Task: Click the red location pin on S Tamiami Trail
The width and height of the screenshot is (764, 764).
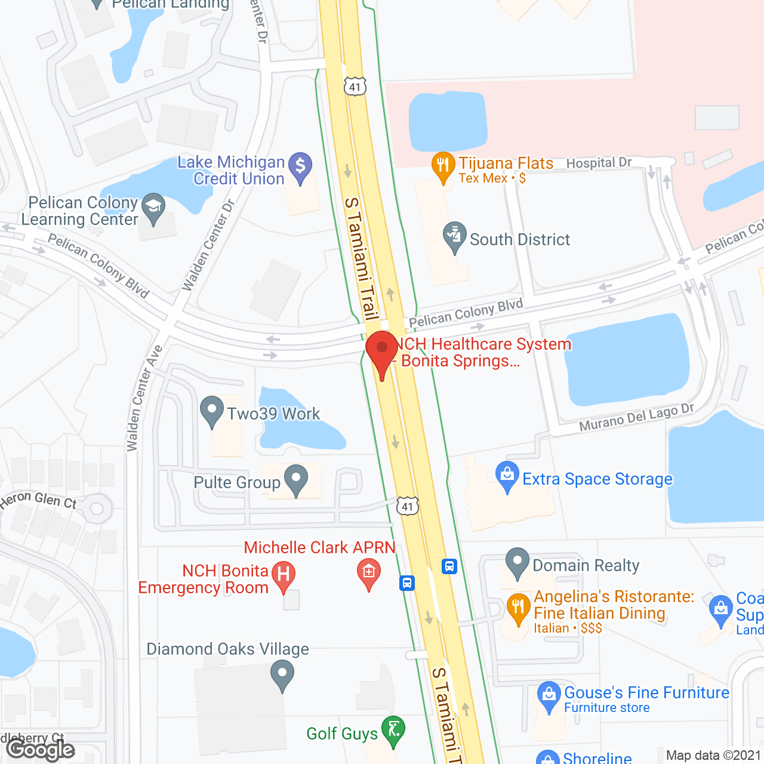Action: pos(381,349)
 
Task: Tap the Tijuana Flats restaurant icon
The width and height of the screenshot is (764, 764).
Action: pos(443,165)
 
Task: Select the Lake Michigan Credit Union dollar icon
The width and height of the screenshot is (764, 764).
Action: pos(300,165)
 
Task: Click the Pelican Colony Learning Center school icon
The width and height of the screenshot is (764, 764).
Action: pos(153,207)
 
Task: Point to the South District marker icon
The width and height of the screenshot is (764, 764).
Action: pos(455,236)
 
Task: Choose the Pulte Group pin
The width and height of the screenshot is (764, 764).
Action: pos(295,479)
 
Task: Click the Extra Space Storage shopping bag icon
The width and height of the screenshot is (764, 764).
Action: pos(507,475)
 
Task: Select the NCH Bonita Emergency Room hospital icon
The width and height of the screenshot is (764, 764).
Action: pos(284,575)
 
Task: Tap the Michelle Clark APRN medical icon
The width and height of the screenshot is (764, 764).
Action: pos(369,572)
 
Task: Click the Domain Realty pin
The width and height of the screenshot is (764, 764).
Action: pos(517,562)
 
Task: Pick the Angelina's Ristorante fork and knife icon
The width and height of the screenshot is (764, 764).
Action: pos(518,608)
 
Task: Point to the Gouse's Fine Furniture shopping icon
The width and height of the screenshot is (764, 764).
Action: pos(549,695)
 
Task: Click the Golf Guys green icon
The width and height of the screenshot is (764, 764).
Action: pos(393,729)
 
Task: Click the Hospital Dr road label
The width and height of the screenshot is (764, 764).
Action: pos(599,163)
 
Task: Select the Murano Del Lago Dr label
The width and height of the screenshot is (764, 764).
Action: pos(636,417)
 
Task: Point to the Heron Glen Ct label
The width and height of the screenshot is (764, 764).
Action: pos(38,500)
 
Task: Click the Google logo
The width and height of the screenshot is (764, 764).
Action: pos(41,750)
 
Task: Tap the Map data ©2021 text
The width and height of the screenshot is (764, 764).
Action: pos(714,756)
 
